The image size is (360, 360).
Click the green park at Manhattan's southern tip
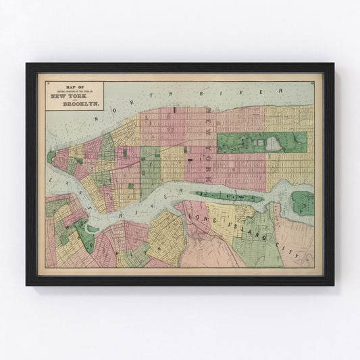pyautogui.click(x=51, y=157)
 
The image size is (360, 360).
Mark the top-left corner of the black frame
pyautogui.click(x=27, y=64)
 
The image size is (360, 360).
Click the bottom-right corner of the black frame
pyautogui.click(x=333, y=284)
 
